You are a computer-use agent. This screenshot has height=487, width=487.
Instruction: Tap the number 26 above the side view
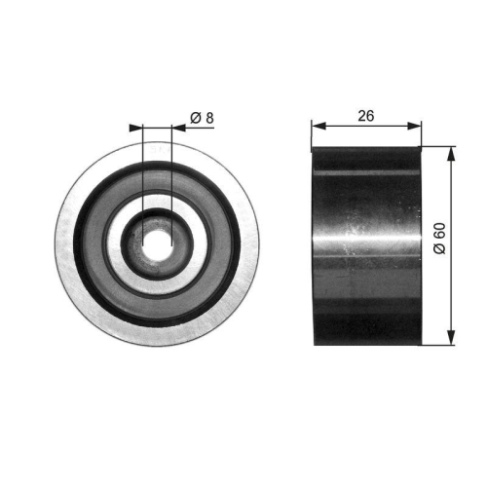click(x=366, y=115)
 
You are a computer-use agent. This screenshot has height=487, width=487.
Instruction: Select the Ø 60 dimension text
click(x=440, y=240)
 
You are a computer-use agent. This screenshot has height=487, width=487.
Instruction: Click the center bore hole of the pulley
click(x=157, y=243)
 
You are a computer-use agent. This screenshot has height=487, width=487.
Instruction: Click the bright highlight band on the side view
click(x=366, y=237)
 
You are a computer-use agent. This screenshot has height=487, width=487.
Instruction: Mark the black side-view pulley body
click(x=366, y=292)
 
